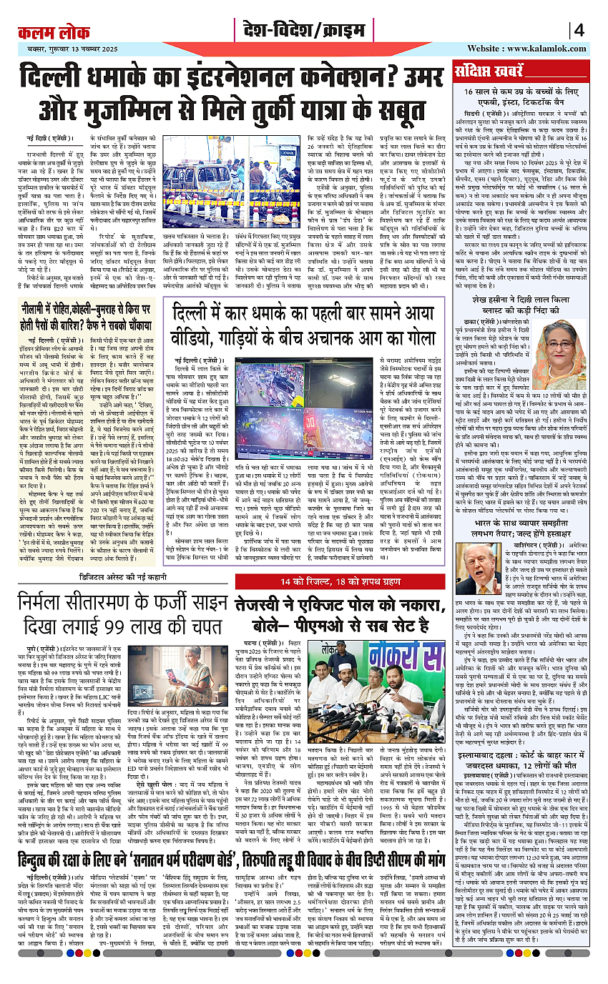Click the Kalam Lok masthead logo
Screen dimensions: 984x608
pyautogui.click(x=49, y=31)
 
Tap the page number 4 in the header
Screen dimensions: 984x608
pyautogui.click(x=579, y=31)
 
